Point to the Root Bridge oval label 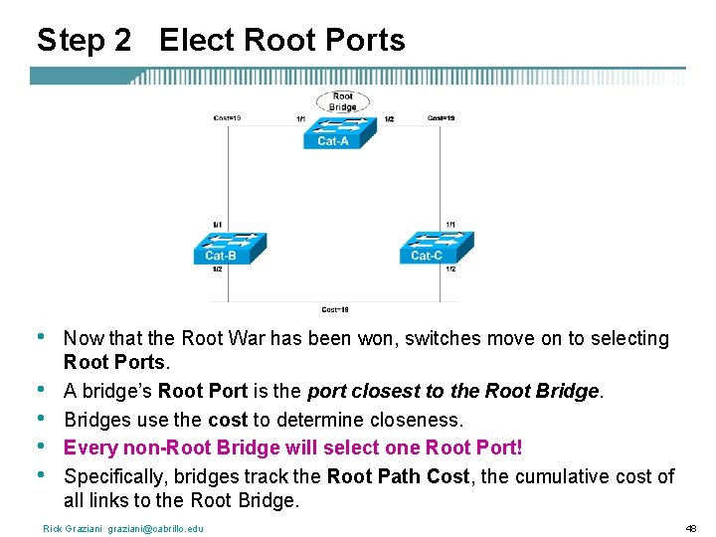342,101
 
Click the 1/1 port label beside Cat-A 300,119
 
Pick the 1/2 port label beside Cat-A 388,119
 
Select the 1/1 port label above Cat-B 217,224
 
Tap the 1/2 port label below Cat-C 450,268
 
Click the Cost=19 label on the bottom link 335,308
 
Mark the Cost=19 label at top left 228,118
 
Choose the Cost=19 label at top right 442,118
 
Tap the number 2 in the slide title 121,40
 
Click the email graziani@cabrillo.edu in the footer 151,528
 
